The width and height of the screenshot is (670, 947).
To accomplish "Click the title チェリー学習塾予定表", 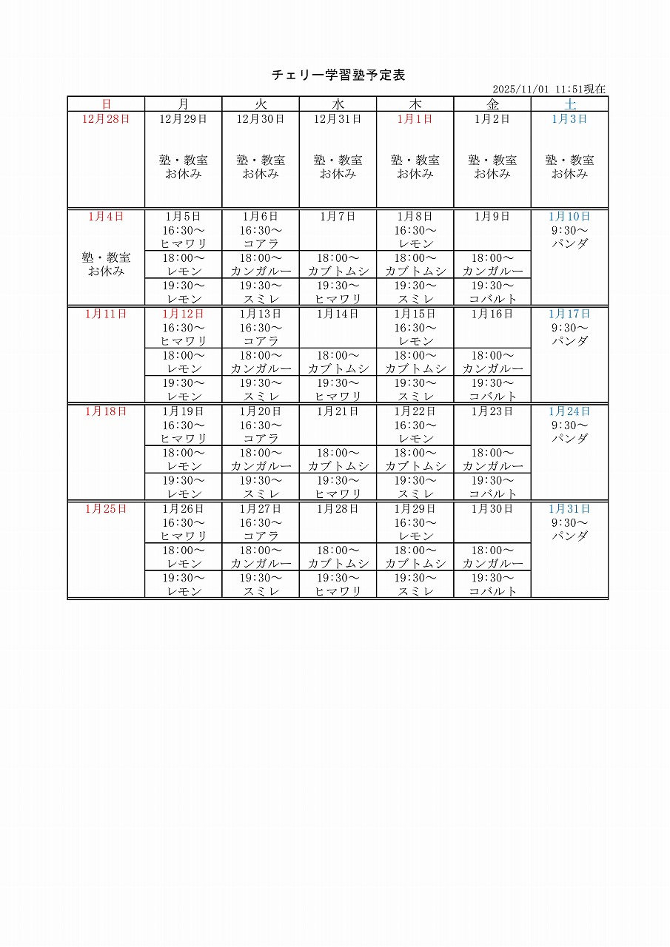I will (x=338, y=75).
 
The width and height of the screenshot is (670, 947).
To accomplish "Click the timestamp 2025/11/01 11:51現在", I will (x=549, y=90).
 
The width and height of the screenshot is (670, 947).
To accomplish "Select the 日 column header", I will (x=106, y=104).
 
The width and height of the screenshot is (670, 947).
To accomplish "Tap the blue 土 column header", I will (x=569, y=104).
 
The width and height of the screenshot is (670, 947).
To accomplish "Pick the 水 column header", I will (x=338, y=104).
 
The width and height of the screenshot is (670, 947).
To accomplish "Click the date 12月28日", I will (x=106, y=119).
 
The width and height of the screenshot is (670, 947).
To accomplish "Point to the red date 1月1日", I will (x=415, y=119).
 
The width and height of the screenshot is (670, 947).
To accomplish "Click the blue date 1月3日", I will (x=569, y=119).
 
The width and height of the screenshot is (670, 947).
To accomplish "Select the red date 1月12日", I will (x=183, y=314).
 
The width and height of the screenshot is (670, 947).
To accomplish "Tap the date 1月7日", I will (x=338, y=217).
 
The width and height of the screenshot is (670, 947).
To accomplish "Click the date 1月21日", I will (x=338, y=411).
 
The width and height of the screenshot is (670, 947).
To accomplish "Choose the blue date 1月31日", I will (x=569, y=509).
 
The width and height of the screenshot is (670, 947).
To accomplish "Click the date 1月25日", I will (x=106, y=509).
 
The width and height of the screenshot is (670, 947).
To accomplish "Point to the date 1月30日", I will (x=492, y=509).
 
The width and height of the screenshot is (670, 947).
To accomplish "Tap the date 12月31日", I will (x=338, y=119).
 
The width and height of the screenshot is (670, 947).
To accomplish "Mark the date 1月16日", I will (x=492, y=314).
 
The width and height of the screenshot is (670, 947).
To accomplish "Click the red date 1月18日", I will (x=106, y=411).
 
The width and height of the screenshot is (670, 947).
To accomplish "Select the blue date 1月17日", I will (x=569, y=314).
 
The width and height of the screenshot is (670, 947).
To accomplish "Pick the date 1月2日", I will (x=492, y=119).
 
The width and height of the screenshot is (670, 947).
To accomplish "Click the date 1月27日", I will (x=261, y=509).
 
